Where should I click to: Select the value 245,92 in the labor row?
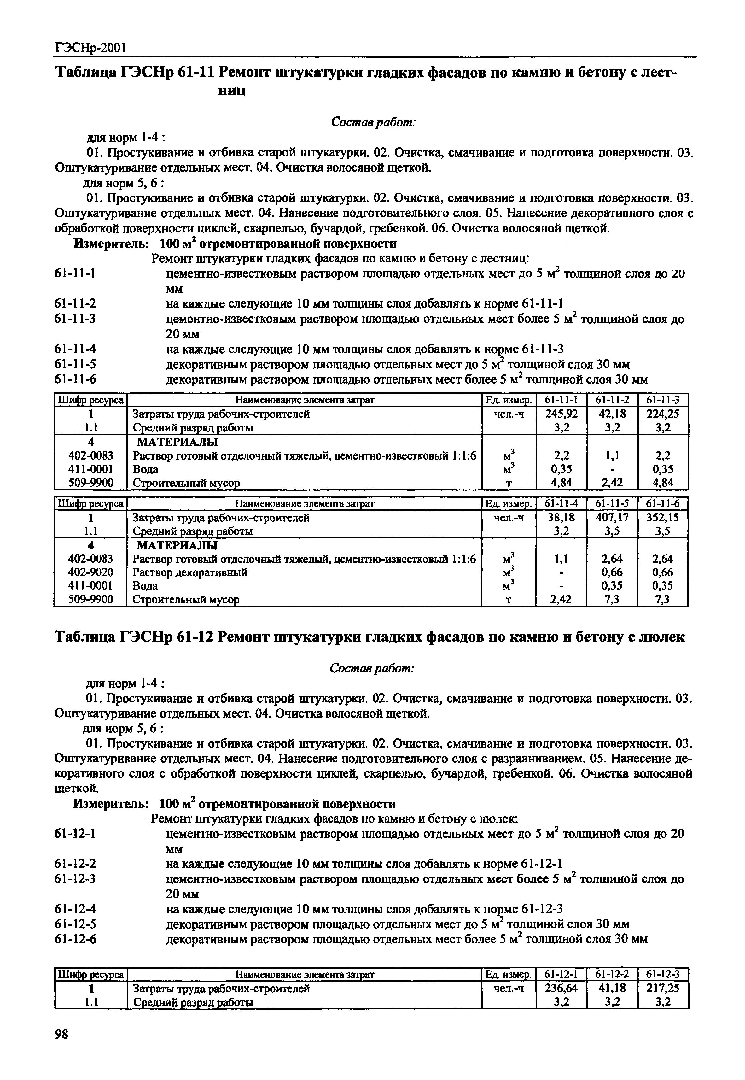562,414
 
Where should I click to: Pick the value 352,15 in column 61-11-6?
663,517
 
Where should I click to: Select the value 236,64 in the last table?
562,988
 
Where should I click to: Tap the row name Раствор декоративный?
190,572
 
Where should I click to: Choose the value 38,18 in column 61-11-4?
562,517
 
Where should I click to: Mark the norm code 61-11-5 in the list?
76,364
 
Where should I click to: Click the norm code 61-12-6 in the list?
76,939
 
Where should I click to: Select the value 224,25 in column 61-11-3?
663,414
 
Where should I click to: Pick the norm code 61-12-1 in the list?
76,833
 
